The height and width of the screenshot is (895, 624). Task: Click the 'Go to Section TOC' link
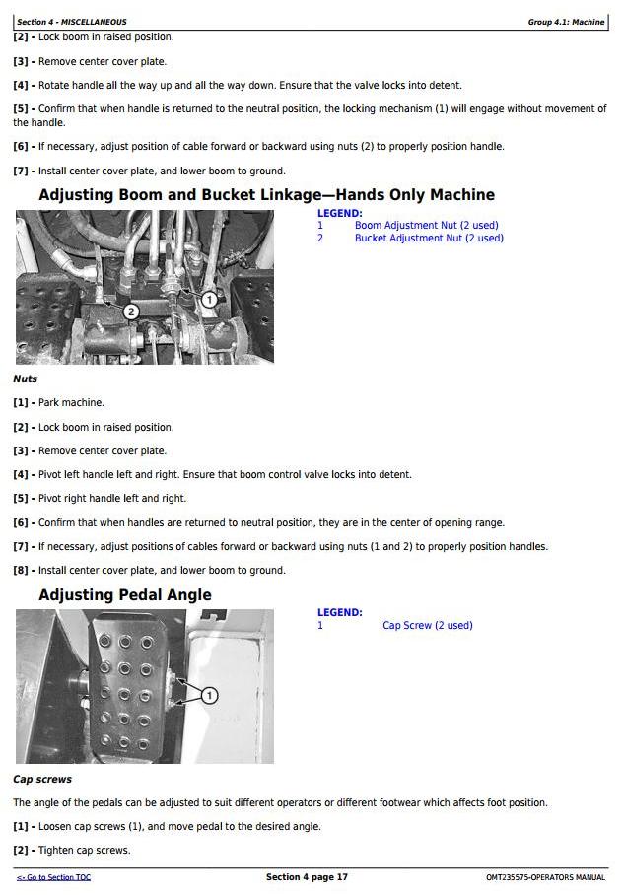click(53, 877)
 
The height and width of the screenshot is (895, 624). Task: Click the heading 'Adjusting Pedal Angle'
click(125, 594)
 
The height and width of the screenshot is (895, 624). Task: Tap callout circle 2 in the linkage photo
click(131, 311)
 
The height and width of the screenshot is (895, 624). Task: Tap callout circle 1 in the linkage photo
click(210, 299)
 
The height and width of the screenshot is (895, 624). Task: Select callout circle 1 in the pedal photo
click(210, 695)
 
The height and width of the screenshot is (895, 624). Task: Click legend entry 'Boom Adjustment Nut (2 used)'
click(427, 225)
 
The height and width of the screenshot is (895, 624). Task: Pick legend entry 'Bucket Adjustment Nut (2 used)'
click(430, 238)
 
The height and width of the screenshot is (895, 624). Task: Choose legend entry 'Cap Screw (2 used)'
click(428, 625)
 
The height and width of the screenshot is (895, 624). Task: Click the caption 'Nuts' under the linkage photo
click(25, 379)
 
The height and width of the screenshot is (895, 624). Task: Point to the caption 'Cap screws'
click(42, 779)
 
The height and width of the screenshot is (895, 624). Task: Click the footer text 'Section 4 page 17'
click(307, 876)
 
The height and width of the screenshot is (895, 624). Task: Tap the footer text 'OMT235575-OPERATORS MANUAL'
click(546, 877)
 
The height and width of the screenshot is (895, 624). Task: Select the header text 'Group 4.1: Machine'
click(566, 22)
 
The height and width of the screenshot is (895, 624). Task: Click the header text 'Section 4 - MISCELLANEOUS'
click(72, 22)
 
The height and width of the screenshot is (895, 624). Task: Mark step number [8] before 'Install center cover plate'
click(21, 571)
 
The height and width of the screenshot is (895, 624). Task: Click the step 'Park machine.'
click(71, 402)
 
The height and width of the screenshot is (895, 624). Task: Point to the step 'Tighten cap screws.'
click(85, 850)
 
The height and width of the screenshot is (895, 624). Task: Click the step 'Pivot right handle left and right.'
click(112, 499)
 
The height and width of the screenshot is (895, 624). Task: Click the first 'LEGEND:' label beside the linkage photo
click(340, 213)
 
